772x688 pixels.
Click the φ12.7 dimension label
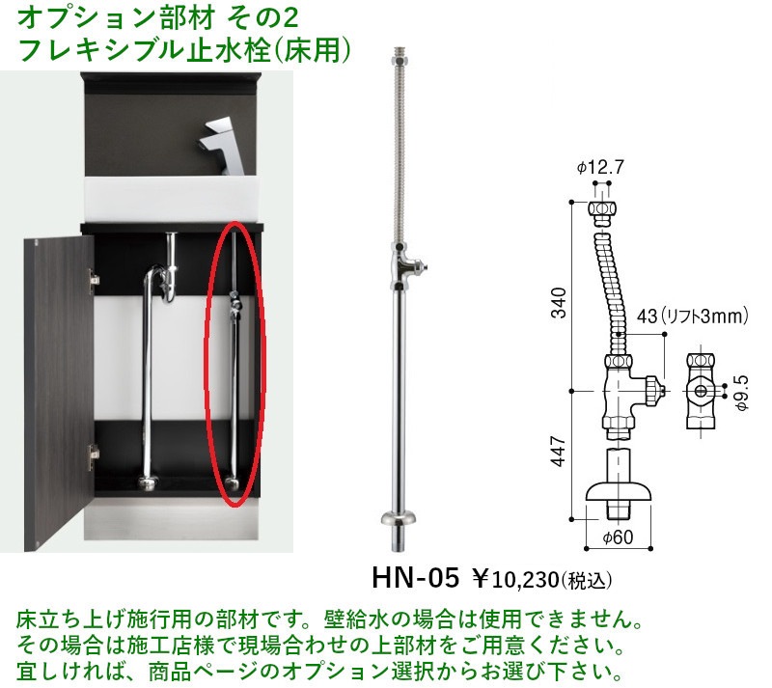click(x=600, y=168)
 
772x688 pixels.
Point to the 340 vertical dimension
click(x=559, y=303)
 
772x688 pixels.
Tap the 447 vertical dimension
click(x=559, y=450)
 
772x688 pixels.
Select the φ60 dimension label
click(x=618, y=537)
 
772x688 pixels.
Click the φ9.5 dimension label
click(x=741, y=392)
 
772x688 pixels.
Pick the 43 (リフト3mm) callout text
click(x=693, y=316)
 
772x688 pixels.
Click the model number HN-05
click(x=416, y=577)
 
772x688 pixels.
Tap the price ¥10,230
click(x=515, y=579)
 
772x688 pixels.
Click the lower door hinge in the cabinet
click(x=94, y=456)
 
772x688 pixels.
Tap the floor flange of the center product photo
click(x=399, y=518)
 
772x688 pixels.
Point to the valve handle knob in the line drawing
click(x=652, y=391)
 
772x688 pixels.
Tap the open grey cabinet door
click(x=58, y=393)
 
